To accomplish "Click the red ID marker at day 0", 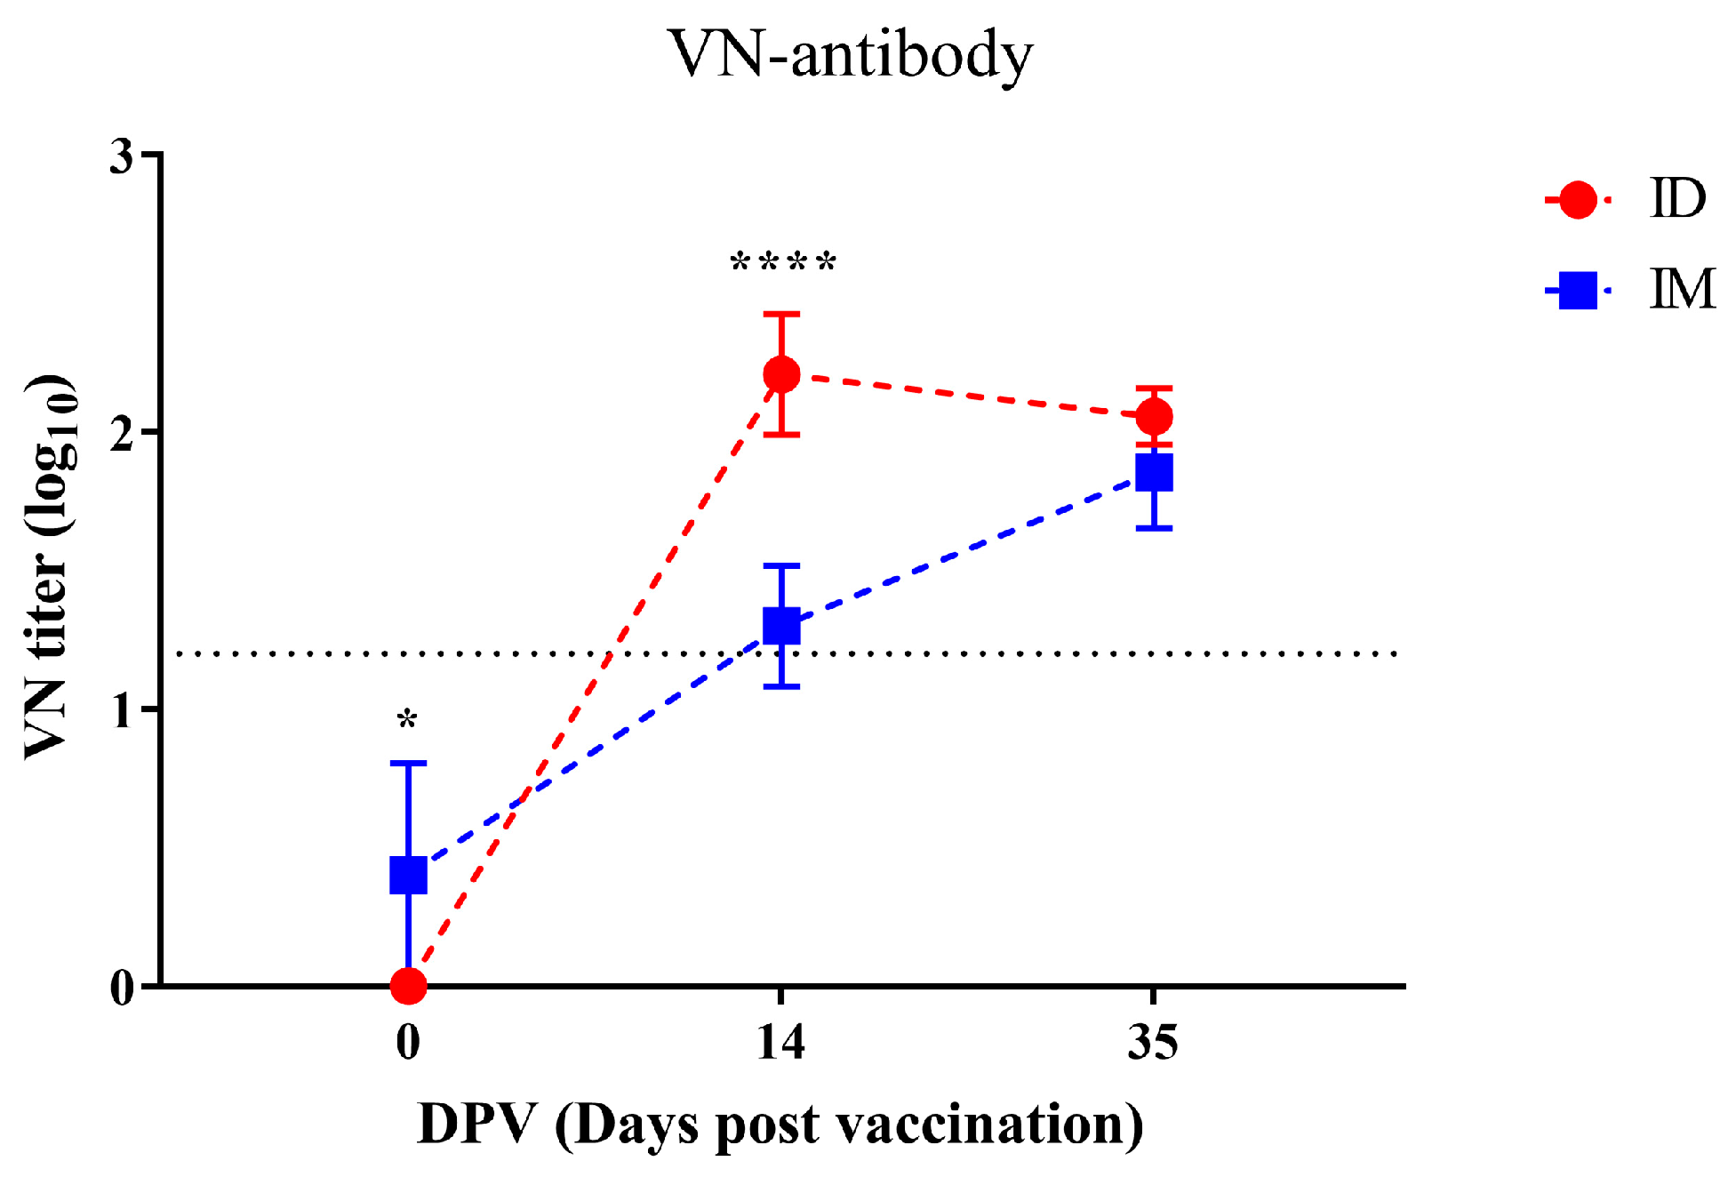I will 408,985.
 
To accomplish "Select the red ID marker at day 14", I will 781,374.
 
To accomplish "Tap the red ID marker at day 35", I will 1154,416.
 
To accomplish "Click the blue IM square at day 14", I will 781,626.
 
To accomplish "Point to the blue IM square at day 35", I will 1154,473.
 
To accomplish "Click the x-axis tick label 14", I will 781,1042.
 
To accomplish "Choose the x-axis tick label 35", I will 1153,1042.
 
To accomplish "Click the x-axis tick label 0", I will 408,1042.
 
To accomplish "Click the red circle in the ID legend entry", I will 1578,200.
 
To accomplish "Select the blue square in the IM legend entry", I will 1578,291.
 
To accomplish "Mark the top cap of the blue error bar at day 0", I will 408,763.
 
